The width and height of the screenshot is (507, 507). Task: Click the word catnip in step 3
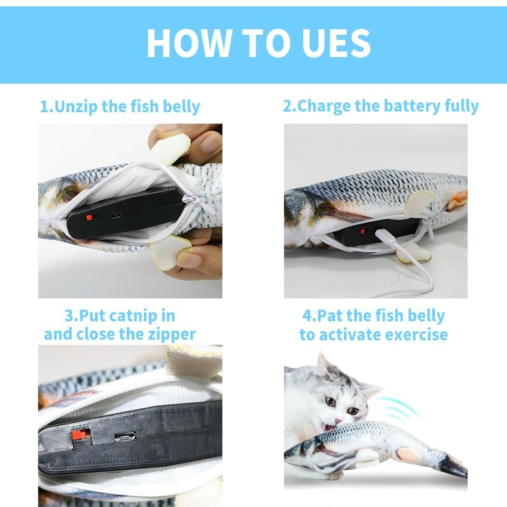pyautogui.click(x=144, y=316)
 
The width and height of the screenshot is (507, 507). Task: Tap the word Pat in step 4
pyautogui.click(x=329, y=316)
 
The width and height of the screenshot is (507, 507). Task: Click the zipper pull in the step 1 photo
pyautogui.click(x=189, y=201)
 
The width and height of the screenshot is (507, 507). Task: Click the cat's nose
pyautogui.click(x=334, y=413)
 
